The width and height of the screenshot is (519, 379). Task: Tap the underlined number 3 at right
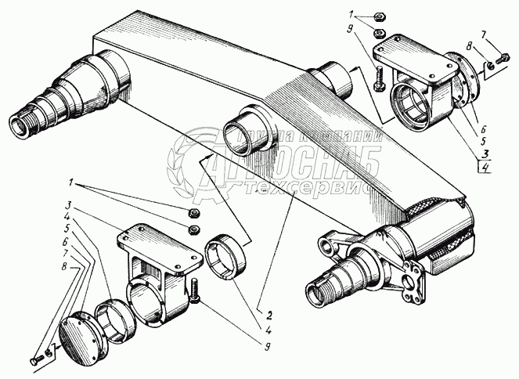click(x=486, y=153)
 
